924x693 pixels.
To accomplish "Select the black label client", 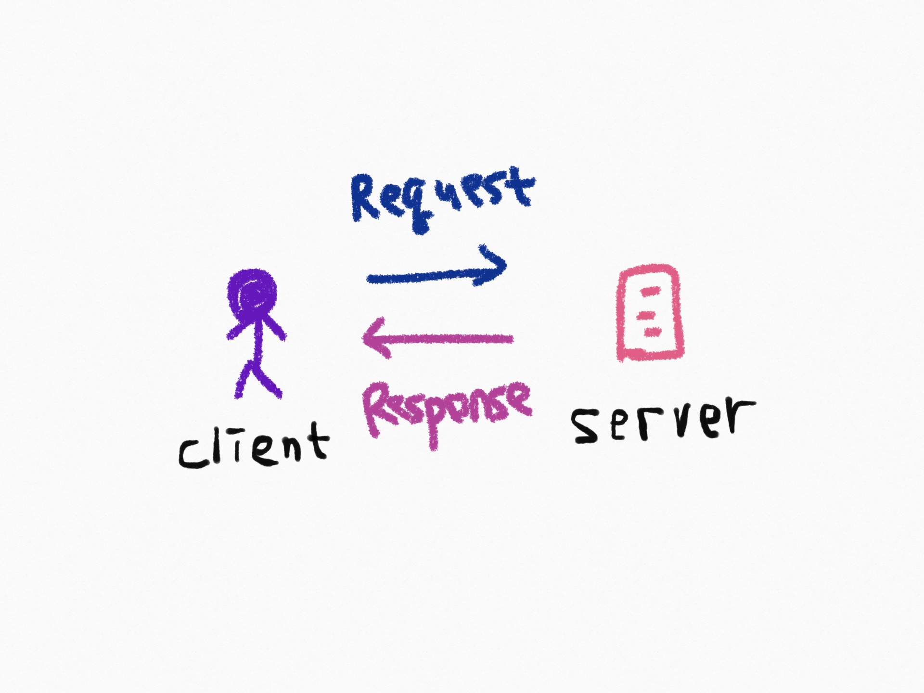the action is (x=254, y=445).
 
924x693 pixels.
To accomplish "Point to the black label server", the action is (x=663, y=420).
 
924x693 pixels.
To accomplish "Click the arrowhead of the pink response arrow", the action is (x=378, y=338).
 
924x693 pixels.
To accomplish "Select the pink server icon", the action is (x=651, y=313).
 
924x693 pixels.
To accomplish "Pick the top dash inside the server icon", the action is (x=650, y=291).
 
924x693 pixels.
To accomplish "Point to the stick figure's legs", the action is (x=257, y=379).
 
